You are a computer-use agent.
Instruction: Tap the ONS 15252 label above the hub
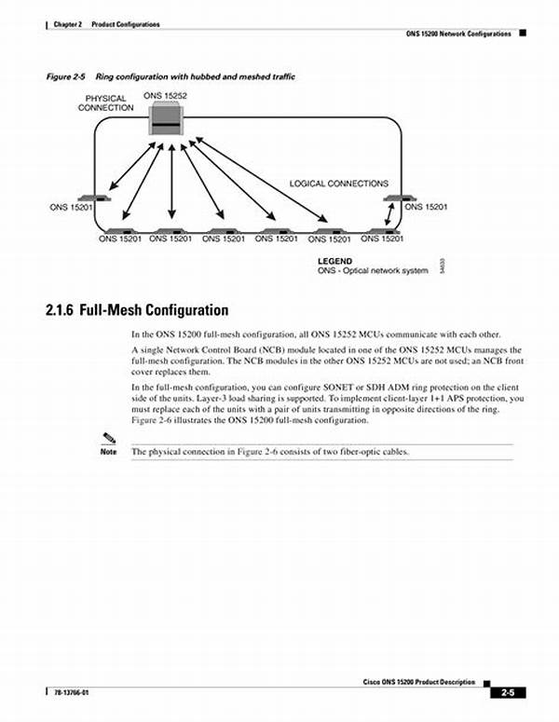[x=164, y=95]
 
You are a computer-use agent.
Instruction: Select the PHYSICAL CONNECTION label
[x=105, y=102]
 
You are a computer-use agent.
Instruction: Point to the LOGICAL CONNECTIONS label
[x=338, y=184]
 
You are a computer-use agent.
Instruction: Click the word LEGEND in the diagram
[x=334, y=261]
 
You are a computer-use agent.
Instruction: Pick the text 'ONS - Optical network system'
[x=373, y=270]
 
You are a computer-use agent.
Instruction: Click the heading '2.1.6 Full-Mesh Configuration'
[x=136, y=310]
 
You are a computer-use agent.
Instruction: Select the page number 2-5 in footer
[x=507, y=692]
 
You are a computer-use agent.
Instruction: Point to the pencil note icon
[x=109, y=438]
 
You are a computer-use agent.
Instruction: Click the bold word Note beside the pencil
[x=108, y=453]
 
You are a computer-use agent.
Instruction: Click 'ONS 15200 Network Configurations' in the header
[x=458, y=34]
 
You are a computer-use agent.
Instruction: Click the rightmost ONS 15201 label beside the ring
[x=426, y=207]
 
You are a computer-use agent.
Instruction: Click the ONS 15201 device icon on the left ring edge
[x=93, y=198]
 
